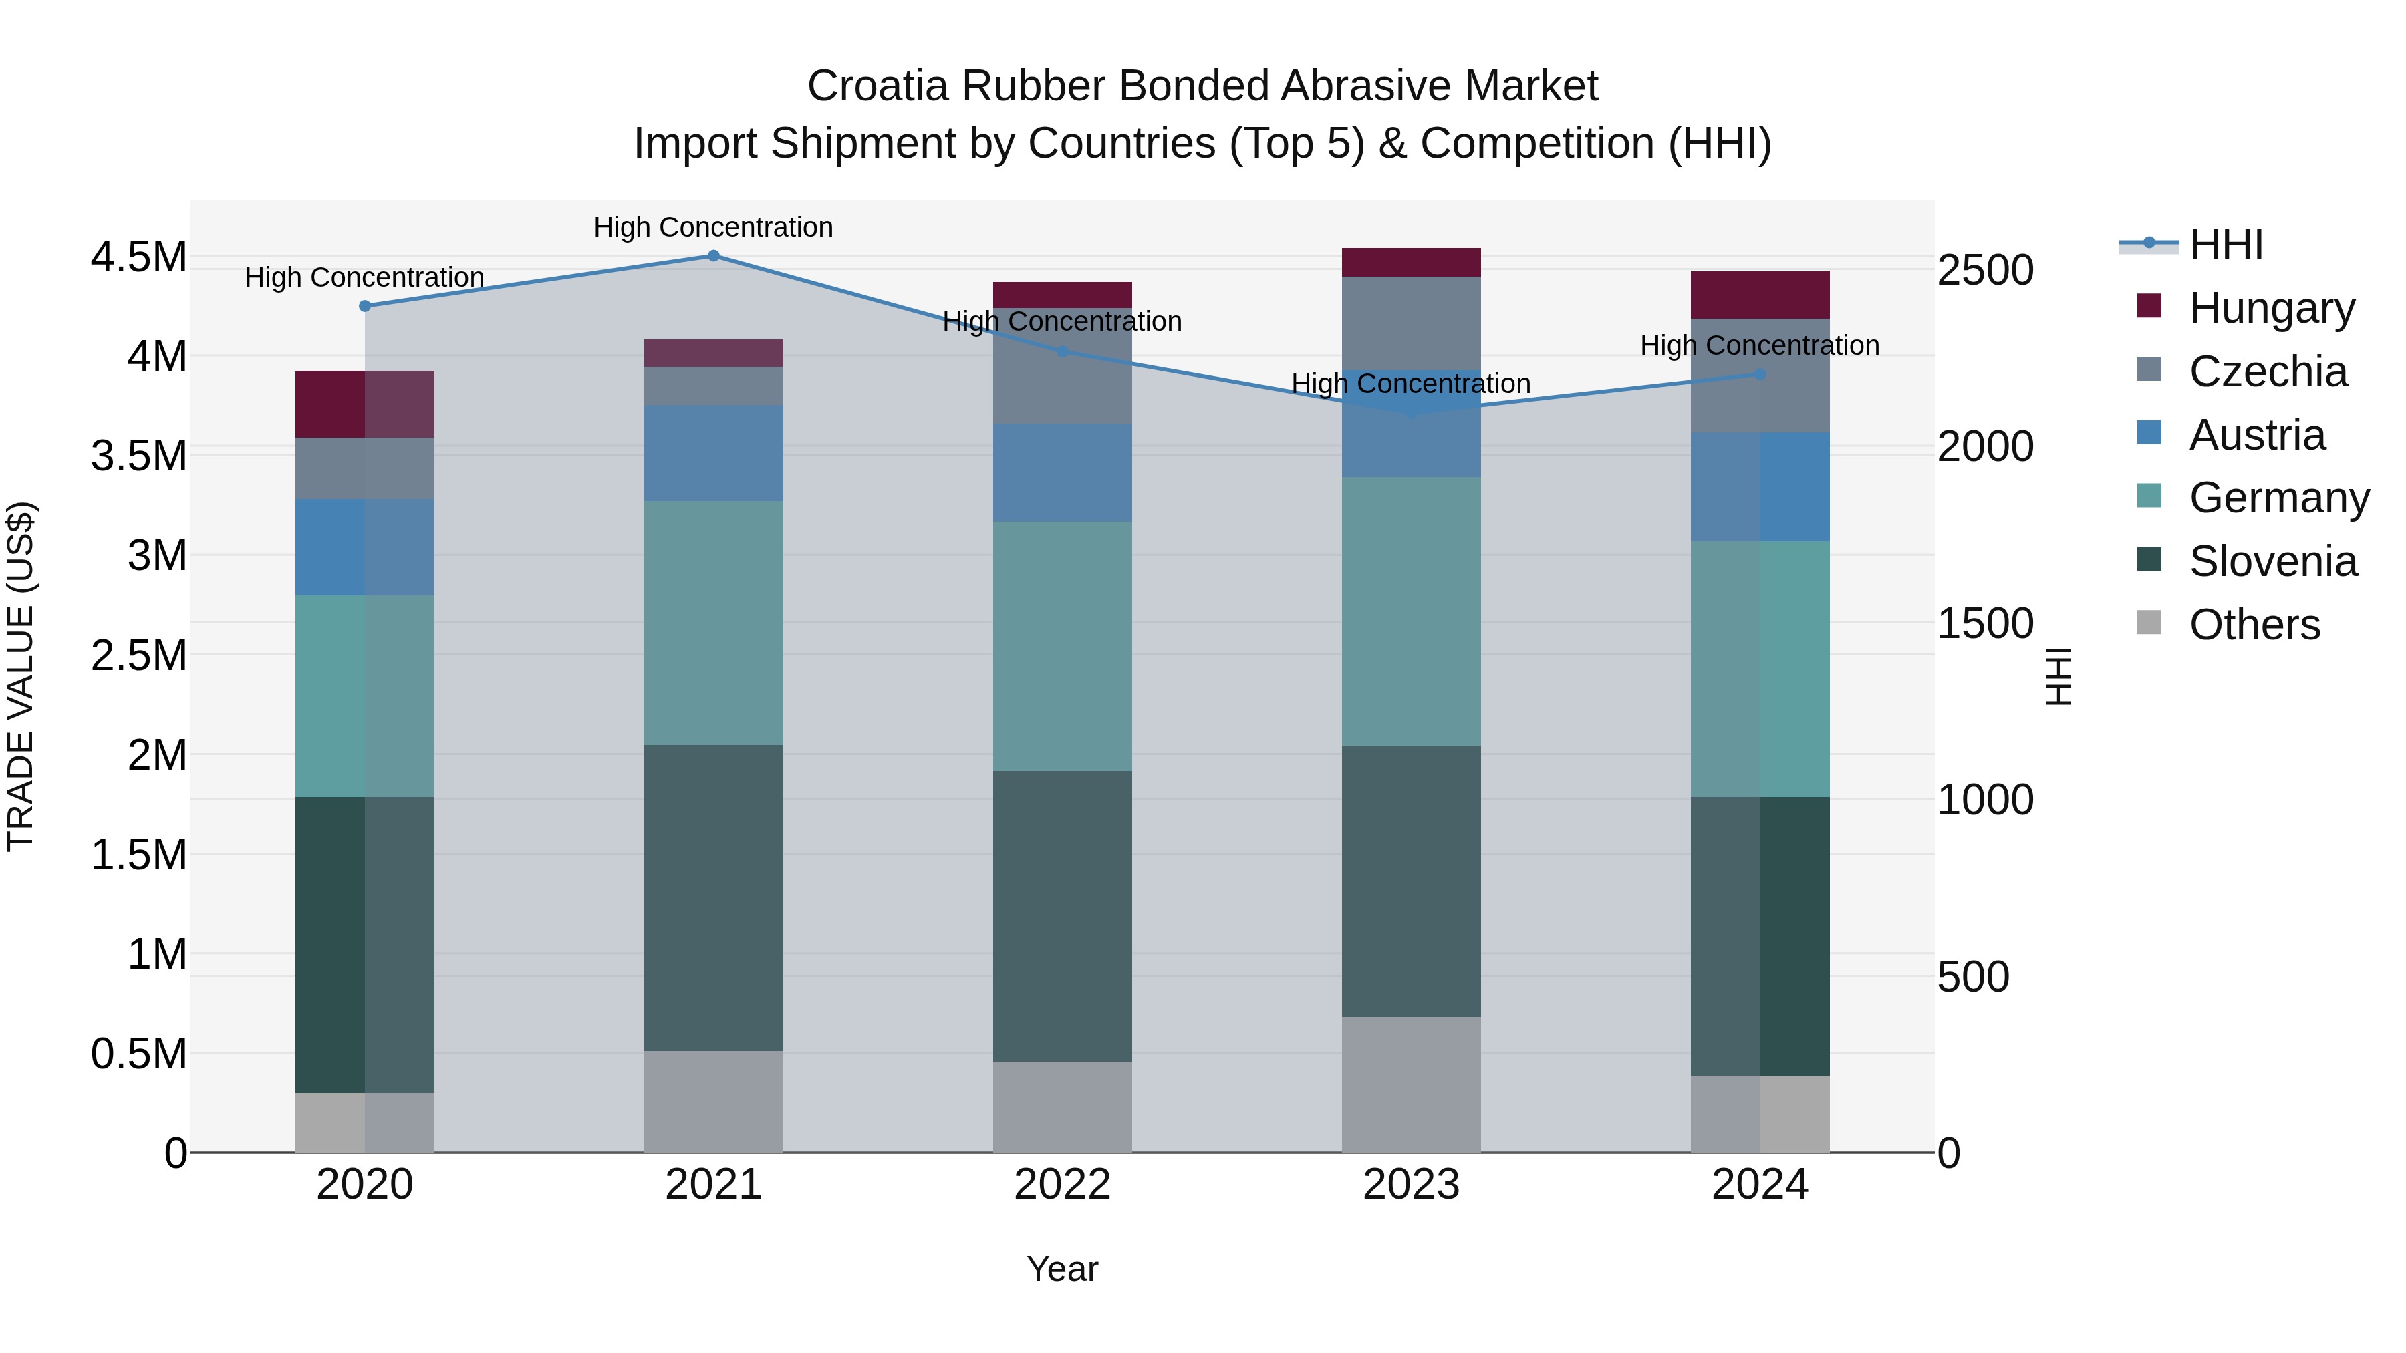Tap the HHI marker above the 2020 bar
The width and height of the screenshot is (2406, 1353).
tap(365, 306)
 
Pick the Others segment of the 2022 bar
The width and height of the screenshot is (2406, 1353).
tap(1062, 1106)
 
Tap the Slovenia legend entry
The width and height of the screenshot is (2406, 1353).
tap(2272, 561)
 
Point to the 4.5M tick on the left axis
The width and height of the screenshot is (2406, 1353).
tap(138, 257)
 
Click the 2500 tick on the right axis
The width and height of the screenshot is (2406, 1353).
tap(1985, 270)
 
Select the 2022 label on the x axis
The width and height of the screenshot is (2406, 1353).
tap(1062, 1185)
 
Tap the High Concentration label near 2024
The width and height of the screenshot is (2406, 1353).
tap(1759, 345)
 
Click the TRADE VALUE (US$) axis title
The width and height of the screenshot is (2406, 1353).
tap(21, 676)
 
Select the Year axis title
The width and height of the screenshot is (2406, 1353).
tap(1062, 1269)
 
